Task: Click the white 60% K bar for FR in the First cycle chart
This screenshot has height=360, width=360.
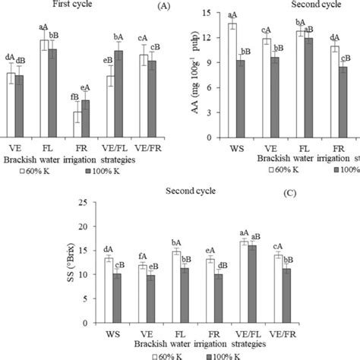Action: pyautogui.click(x=77, y=124)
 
